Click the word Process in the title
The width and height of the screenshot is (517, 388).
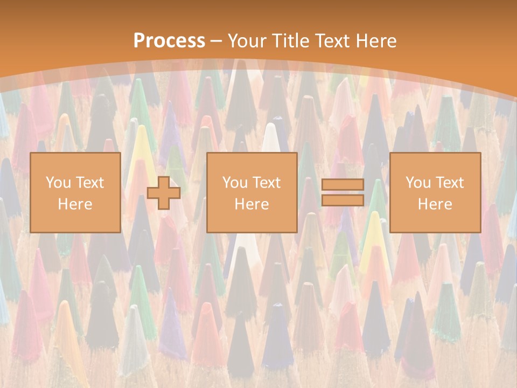(169, 41)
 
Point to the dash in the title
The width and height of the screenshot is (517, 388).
(216, 41)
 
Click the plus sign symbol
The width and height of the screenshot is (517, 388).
(164, 193)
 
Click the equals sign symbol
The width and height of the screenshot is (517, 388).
(343, 193)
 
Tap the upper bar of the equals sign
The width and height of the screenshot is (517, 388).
(343, 185)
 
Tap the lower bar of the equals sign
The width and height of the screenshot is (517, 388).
(343, 200)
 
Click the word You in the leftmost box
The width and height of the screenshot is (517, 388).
(58, 183)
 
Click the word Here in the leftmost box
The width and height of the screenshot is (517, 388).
(75, 204)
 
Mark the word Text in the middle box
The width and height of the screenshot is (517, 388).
(266, 183)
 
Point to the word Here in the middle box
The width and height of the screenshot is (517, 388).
(251, 204)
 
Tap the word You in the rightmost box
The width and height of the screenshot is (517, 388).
(418, 183)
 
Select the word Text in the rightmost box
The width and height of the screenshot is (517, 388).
(449, 183)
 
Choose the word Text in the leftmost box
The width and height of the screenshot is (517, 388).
(89, 183)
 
